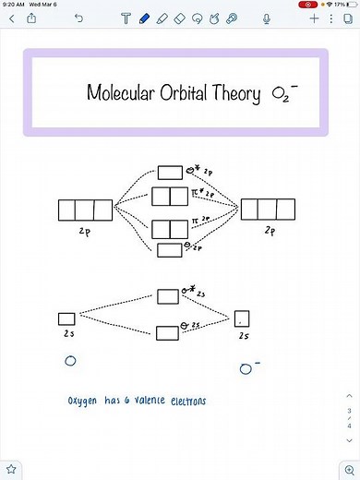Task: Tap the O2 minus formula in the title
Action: point(284,94)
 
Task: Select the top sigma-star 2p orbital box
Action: point(170,173)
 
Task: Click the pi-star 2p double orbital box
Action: point(169,196)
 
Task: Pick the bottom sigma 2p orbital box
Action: point(169,249)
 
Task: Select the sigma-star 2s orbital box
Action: point(168,295)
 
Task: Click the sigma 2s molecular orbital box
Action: point(168,332)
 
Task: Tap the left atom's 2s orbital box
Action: point(66,318)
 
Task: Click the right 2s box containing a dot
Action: point(242,320)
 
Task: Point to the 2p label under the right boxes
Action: point(269,230)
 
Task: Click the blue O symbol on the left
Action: point(69,362)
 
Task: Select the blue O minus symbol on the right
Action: point(247,368)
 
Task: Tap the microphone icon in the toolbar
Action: point(267,18)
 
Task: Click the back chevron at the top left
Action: point(11,18)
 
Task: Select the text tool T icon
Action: point(126,18)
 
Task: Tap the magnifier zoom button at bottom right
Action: point(346,470)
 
